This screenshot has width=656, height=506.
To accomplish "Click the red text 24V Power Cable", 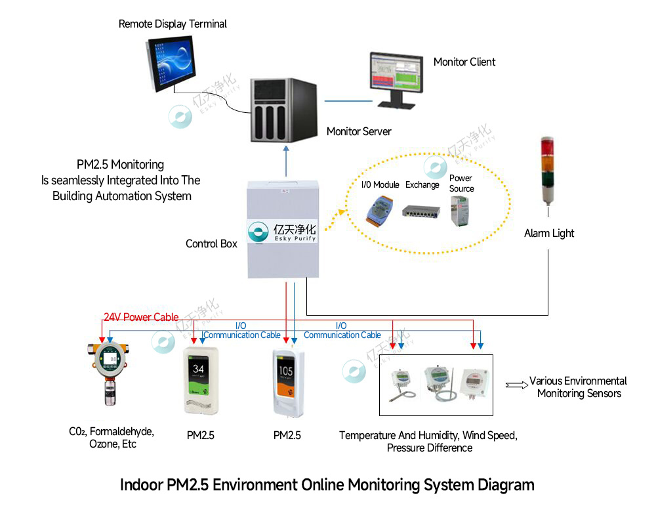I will (140, 318).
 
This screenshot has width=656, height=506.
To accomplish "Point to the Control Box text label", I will (211, 244).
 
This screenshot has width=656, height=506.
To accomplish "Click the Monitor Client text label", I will (464, 62).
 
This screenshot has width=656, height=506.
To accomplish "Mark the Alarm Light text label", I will (549, 234).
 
